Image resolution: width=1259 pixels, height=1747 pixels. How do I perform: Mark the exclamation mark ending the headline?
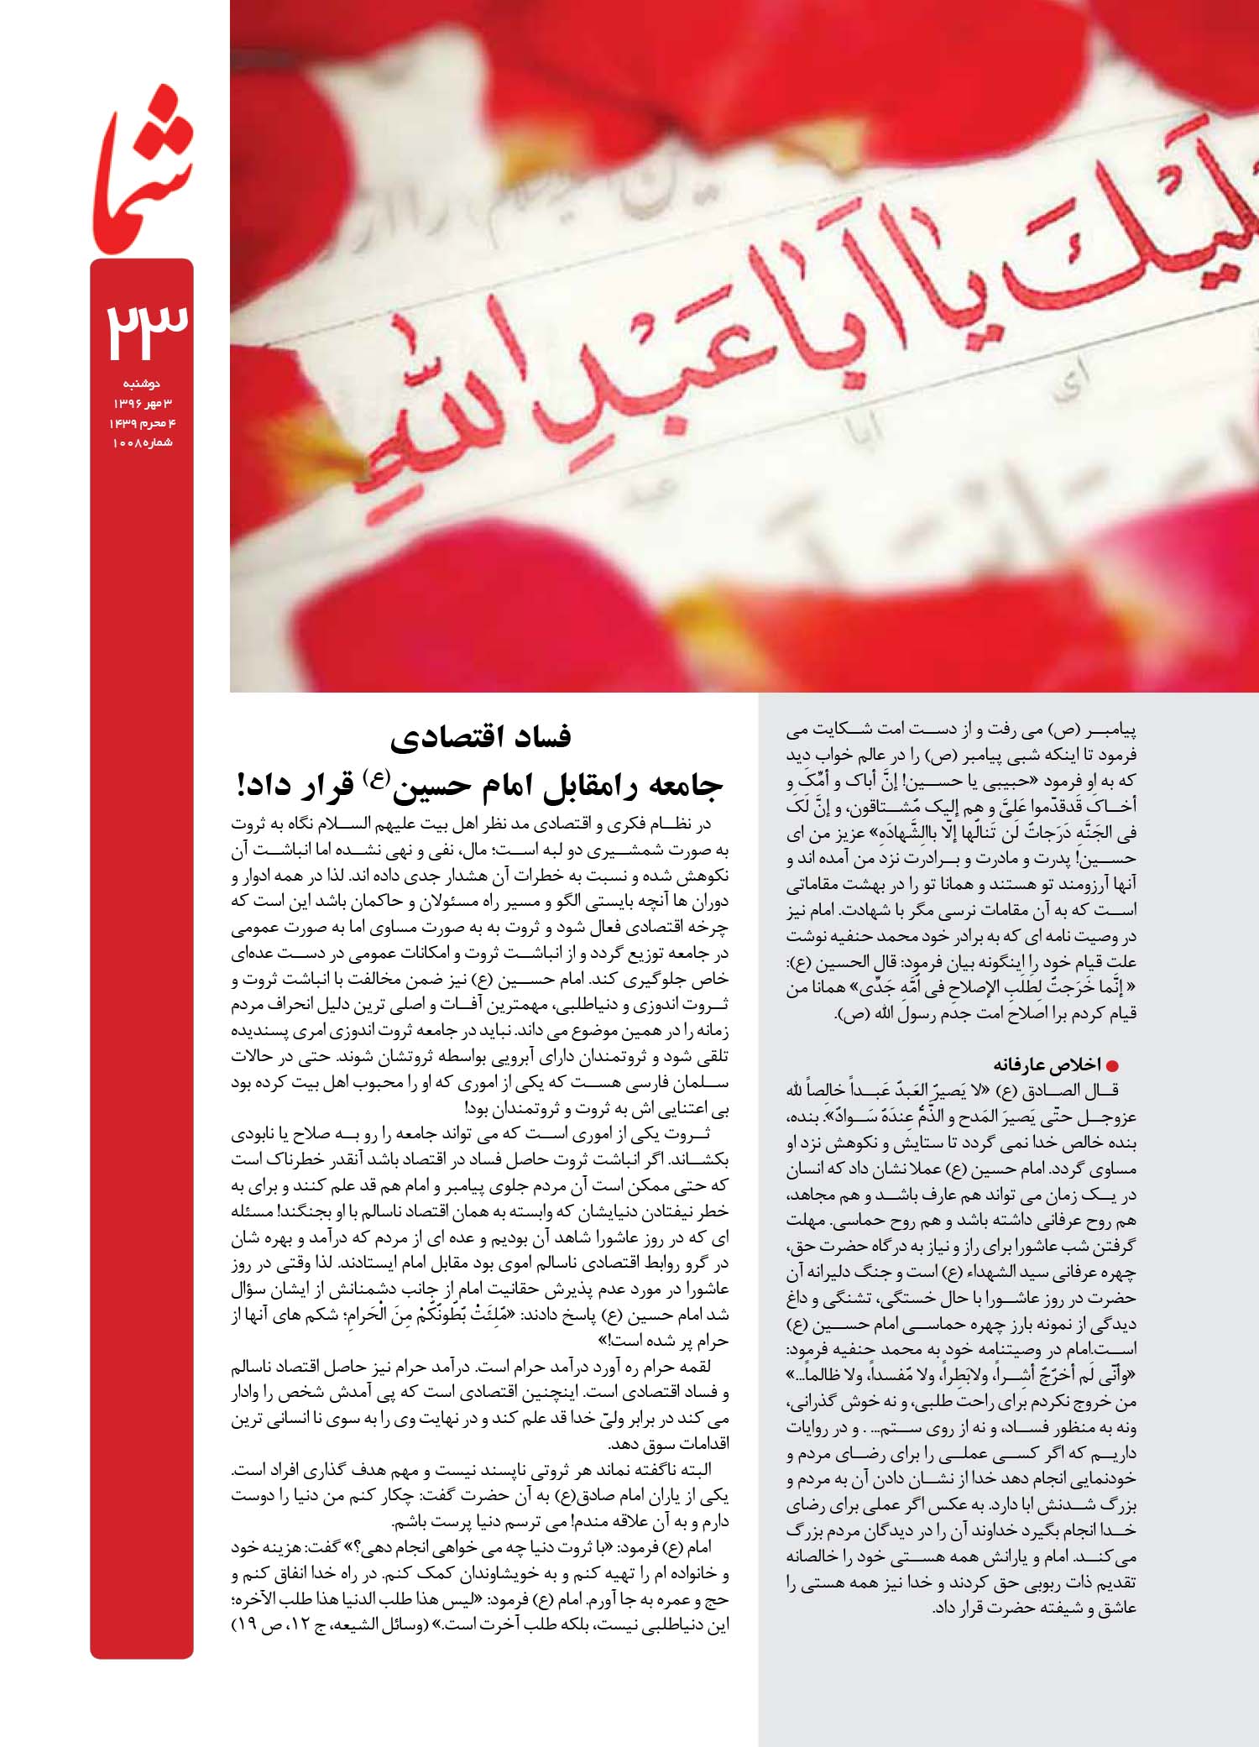(243, 787)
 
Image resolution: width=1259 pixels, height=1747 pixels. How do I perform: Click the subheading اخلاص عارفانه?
(1046, 1065)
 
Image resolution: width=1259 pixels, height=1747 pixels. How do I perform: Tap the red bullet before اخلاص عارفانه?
(1114, 1066)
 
